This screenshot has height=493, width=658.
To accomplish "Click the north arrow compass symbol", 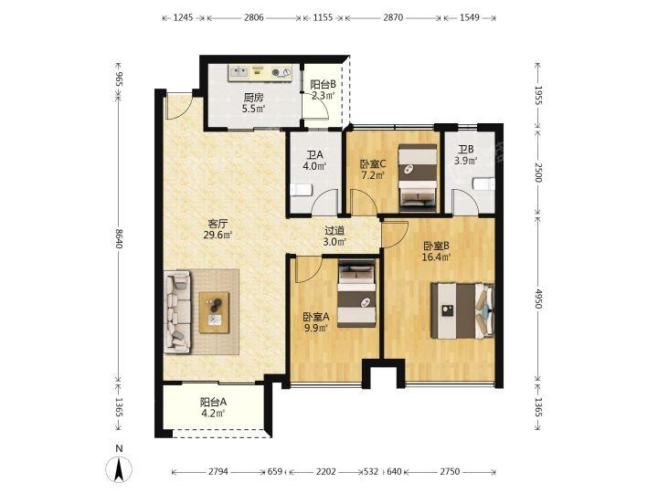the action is pos(119,468).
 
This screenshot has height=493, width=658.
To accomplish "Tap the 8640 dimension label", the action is pos(119,238).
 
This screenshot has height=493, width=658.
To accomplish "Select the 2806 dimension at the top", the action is pos(254,17).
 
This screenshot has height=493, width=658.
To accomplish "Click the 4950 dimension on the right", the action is pos(539,298).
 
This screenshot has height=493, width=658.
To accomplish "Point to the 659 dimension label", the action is pos(275,472).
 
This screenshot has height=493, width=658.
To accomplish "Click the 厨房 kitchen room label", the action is pos(253,98).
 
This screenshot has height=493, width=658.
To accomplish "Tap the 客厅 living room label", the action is pos(218,224).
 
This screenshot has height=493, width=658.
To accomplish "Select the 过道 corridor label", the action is pos(334,231).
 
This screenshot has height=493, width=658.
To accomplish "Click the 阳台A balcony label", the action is pos(213,403).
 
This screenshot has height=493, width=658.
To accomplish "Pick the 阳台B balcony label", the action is pos(324,84).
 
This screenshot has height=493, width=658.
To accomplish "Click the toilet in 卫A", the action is pos(301,190).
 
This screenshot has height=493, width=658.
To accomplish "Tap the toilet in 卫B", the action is pos(483,184).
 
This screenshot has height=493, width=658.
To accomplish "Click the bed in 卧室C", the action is pos(418,176).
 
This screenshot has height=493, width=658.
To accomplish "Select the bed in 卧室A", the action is pos(356,293).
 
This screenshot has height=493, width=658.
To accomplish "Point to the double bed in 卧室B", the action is pos(462,310).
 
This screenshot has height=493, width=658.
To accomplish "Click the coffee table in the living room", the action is pos(214,313).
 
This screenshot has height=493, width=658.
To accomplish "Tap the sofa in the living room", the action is pos(177,311).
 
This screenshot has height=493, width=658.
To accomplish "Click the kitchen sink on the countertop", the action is pos(239,72).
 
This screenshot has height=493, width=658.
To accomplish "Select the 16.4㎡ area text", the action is pos(437,257).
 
